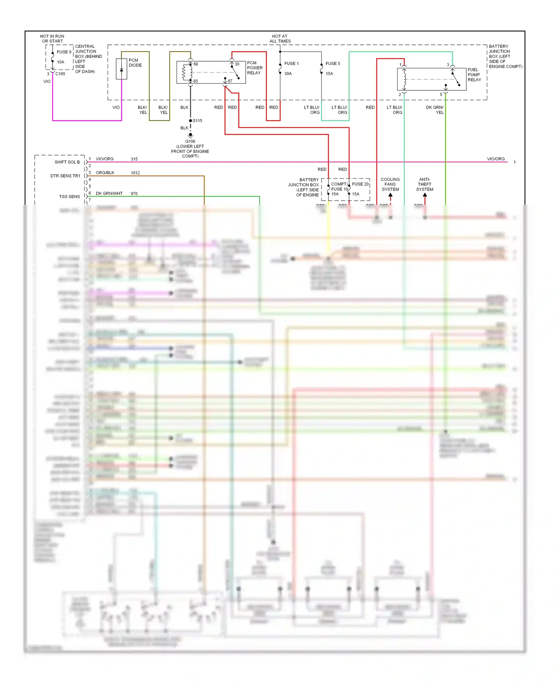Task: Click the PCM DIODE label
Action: click(135, 63)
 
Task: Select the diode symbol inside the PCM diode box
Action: click(121, 70)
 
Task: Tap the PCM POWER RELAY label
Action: click(255, 68)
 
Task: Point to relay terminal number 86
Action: click(196, 64)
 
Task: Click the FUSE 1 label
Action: click(291, 64)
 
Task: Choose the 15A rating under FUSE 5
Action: click(329, 74)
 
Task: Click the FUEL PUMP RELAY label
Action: click(474, 75)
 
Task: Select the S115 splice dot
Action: click(190, 121)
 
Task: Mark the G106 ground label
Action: click(190, 141)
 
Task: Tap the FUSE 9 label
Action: click(64, 52)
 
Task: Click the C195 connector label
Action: click(60, 74)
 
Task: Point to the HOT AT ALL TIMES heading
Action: click(280, 39)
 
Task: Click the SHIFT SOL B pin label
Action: click(67, 162)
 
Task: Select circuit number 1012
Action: click(135, 173)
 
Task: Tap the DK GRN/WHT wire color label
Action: click(109, 194)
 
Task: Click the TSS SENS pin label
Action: click(69, 197)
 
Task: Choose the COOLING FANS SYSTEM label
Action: click(390, 185)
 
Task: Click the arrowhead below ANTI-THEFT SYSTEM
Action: click(425, 195)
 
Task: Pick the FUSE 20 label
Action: click(360, 184)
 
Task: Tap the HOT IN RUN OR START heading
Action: click(52, 39)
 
